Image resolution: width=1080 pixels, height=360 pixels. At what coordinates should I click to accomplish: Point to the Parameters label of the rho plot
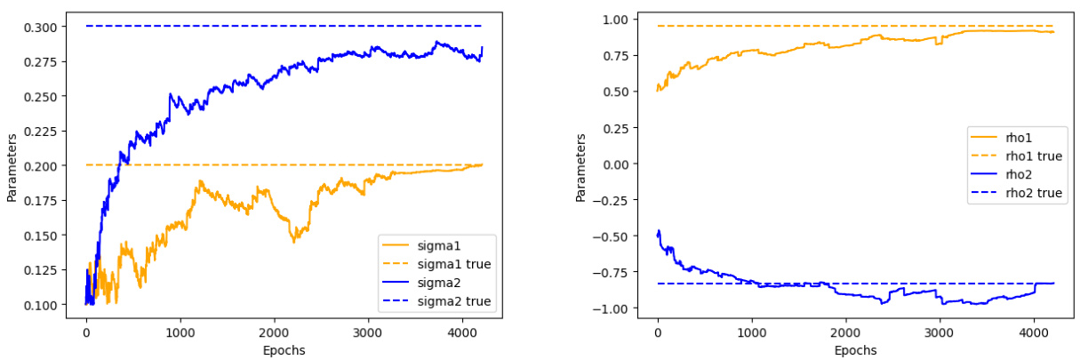point(580,169)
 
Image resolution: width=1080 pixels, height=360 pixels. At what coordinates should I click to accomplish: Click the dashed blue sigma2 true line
point(267,27)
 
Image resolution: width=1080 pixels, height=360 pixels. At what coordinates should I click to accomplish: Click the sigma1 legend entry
point(441,244)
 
